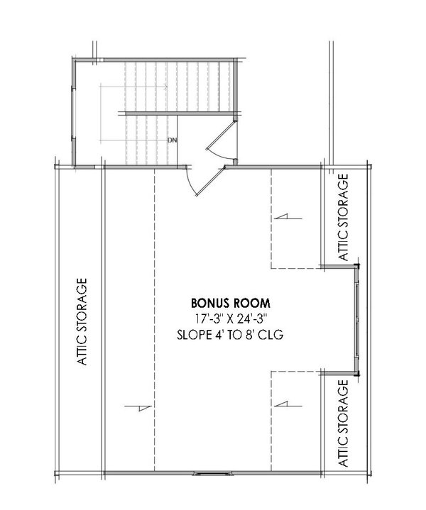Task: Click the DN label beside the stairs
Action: [171, 140]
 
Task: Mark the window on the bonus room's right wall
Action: [356, 320]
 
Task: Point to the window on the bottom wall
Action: [212, 473]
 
